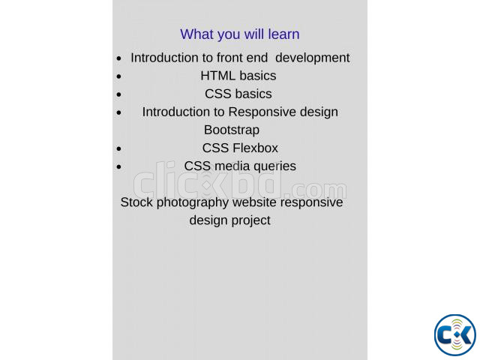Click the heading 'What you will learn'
(240, 34)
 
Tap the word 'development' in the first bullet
(312, 58)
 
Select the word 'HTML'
(217, 76)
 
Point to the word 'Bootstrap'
(232, 130)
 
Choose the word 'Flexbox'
(255, 148)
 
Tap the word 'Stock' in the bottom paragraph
(136, 202)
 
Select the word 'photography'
(193, 203)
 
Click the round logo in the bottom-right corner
(455, 335)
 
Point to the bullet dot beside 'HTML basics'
(119, 76)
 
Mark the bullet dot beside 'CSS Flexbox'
(119, 148)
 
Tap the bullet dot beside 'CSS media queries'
(119, 166)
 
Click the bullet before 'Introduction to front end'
(119, 58)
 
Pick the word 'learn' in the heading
(283, 34)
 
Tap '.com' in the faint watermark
(316, 190)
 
